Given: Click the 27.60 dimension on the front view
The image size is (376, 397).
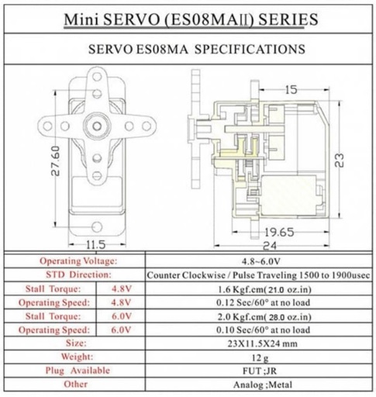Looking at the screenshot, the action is [x=55, y=161].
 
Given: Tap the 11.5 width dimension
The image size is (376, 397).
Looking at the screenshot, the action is [x=95, y=244].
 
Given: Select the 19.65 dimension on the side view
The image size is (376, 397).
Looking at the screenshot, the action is [x=279, y=232].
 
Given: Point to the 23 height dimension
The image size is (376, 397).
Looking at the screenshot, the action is [x=340, y=161].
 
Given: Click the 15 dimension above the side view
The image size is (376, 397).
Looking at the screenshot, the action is [x=291, y=90].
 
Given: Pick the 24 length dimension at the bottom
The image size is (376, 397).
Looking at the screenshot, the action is [x=270, y=246].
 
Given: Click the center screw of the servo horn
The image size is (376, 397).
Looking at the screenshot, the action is [x=97, y=126].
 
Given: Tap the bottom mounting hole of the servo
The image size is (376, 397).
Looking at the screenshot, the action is [x=97, y=226].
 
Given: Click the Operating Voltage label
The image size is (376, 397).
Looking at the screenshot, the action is [x=78, y=261].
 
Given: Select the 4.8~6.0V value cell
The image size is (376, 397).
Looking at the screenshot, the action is [x=261, y=261].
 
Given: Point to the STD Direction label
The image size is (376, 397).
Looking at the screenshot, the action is [x=78, y=274].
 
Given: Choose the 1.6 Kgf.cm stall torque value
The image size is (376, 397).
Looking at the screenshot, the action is [x=264, y=289].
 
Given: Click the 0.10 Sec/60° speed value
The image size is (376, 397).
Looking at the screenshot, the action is [x=263, y=330].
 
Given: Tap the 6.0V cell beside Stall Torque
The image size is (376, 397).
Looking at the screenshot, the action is [x=121, y=316].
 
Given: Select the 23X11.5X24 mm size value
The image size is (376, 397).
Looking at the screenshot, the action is [x=263, y=343].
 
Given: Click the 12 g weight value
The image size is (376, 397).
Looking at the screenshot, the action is [x=260, y=358].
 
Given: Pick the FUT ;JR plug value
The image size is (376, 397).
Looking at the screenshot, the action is [x=260, y=371].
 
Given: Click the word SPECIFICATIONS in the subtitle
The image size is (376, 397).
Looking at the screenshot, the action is [x=250, y=49].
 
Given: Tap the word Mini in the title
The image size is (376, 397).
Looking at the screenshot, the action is [x=81, y=19].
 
